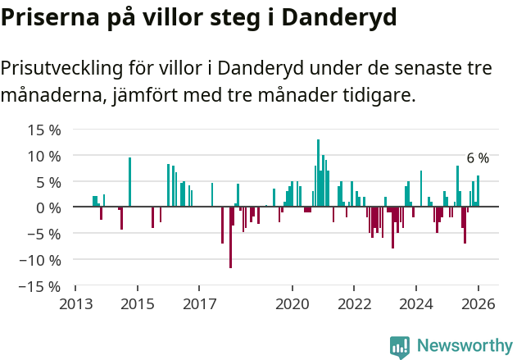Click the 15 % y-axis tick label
[x=44, y=130]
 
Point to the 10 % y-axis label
[x=44, y=156]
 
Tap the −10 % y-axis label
[x=41, y=260]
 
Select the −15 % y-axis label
[x=41, y=286]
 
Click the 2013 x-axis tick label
[x=75, y=304]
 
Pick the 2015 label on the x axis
[x=137, y=304]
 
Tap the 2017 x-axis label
[x=199, y=304]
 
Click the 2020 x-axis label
[x=292, y=304]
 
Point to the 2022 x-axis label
[x=354, y=304]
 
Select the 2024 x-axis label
[x=416, y=304]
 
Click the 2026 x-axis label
[x=478, y=304]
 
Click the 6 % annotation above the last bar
[x=478, y=158]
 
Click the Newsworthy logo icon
[x=400, y=347]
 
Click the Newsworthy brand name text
[x=465, y=347]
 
